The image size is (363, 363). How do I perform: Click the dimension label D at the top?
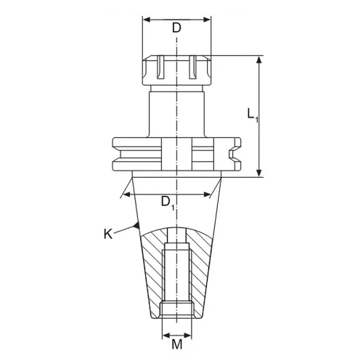tap(176, 28)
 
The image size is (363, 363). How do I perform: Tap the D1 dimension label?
tap(168, 203)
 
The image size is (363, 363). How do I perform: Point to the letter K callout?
tap(108, 234)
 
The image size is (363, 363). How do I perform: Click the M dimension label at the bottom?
tap(177, 344)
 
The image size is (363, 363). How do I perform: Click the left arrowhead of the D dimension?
tap(147, 20)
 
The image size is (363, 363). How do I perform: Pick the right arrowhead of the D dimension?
tap(207, 20)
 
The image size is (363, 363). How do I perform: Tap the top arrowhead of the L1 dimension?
tap(259, 60)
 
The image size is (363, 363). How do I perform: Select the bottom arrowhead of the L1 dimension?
tap(259, 173)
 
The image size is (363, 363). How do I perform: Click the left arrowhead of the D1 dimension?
tap(128, 195)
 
